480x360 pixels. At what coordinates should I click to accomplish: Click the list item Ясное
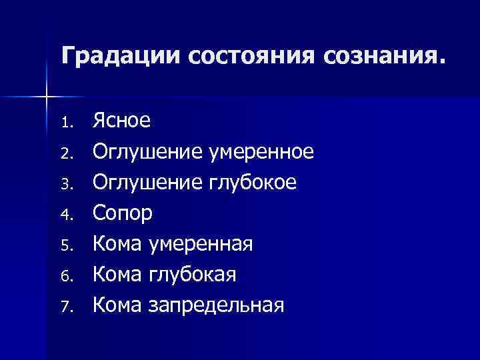[121, 121]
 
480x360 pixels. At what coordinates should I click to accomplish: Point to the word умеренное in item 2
[261, 152]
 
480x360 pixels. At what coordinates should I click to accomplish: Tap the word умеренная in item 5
[201, 244]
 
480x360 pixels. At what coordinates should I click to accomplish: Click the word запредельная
[217, 305]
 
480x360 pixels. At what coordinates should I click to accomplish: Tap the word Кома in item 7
[117, 305]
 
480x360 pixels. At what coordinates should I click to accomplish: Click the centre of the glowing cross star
[46, 98]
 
